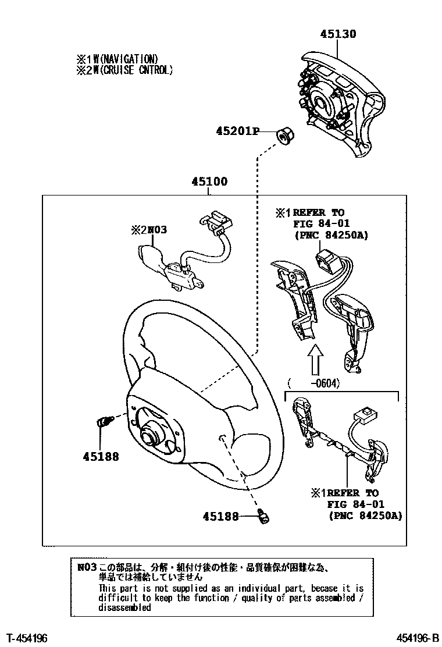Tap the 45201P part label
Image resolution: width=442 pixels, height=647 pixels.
[x=238, y=131]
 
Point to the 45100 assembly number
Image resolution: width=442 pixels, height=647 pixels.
[x=209, y=182]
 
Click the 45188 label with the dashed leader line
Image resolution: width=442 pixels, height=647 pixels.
[x=221, y=516]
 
